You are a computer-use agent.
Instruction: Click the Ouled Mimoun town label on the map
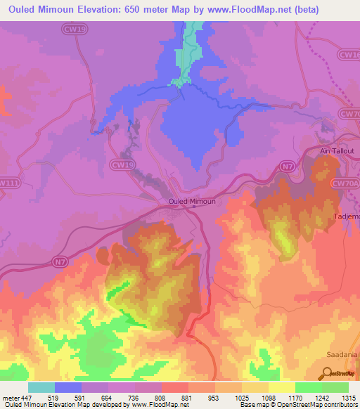[x=191, y=201]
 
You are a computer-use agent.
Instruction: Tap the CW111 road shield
[x=8, y=183]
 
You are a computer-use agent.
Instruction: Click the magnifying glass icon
[x=327, y=375]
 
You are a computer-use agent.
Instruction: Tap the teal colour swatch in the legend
[x=41, y=387]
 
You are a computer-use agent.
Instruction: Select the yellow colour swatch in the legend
[x=282, y=387]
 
